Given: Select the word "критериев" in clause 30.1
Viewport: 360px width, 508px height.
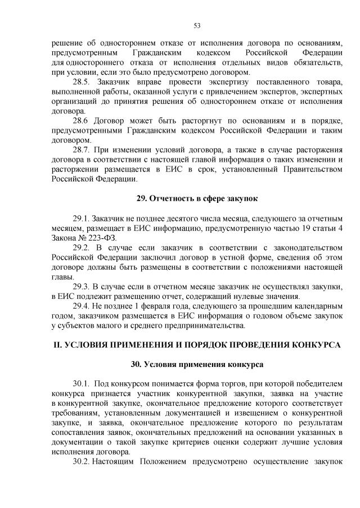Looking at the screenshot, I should pyautogui.click(x=173, y=441).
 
